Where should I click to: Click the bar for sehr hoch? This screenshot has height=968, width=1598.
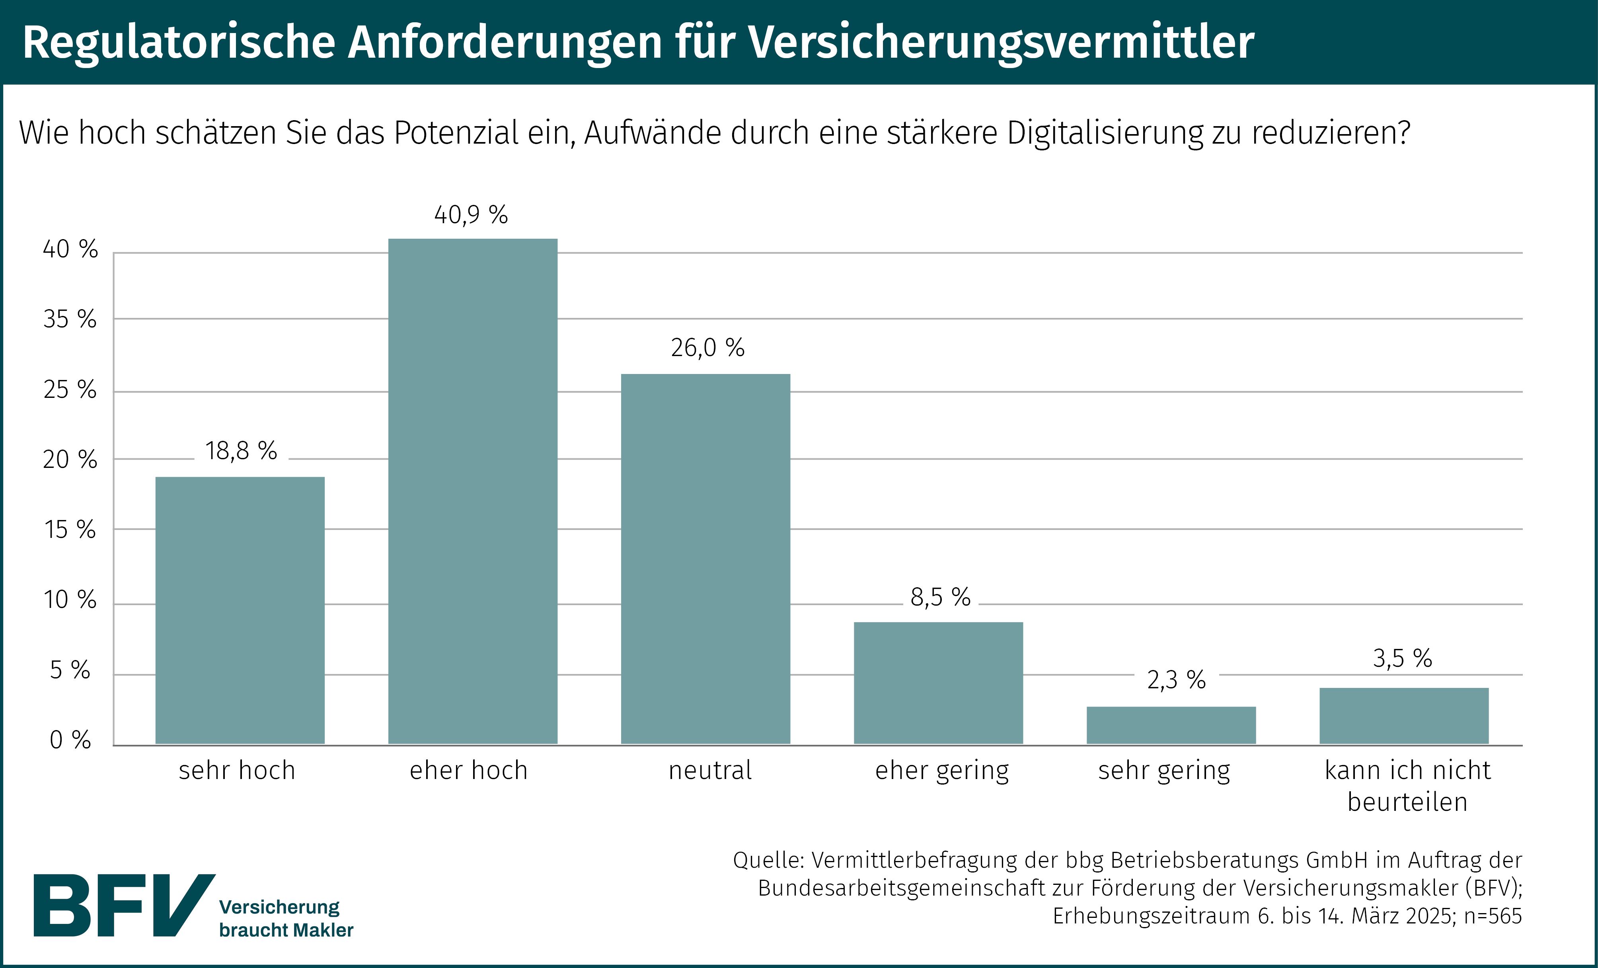coord(240,610)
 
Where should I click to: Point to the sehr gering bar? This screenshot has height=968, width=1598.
coord(1171,725)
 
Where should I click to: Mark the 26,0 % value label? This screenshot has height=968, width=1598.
coord(707,348)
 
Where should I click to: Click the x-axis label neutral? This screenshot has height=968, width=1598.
coord(710,770)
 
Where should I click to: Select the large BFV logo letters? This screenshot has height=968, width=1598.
coord(123,905)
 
